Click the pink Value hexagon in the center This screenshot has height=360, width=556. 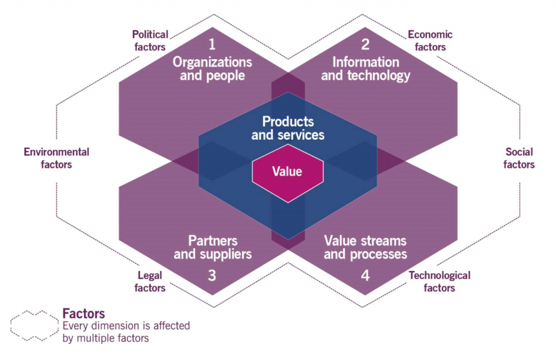coord(288,172)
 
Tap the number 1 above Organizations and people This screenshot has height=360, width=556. coord(212,43)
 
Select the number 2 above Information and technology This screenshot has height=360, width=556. coord(365,43)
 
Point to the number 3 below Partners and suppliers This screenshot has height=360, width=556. coord(212,276)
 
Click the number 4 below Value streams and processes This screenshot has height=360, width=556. coord(365,276)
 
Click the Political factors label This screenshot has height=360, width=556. coord(150,41)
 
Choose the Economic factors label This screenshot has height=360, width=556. coord(430,41)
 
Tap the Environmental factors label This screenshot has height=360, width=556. coord(56,157)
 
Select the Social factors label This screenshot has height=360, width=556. coord(519,157)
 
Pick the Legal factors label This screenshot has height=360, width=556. coord(150,282)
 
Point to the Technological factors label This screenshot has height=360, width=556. coord(439,281)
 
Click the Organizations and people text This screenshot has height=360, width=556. coord(212,68)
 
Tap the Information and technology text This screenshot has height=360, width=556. coord(365,68)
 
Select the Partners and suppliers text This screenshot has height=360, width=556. coord(212,247)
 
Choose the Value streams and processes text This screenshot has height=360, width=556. coord(365,247)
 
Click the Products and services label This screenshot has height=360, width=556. coord(288,128)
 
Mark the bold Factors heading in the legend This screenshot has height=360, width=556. coord(84,314)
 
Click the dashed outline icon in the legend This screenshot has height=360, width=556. coord(34,326)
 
